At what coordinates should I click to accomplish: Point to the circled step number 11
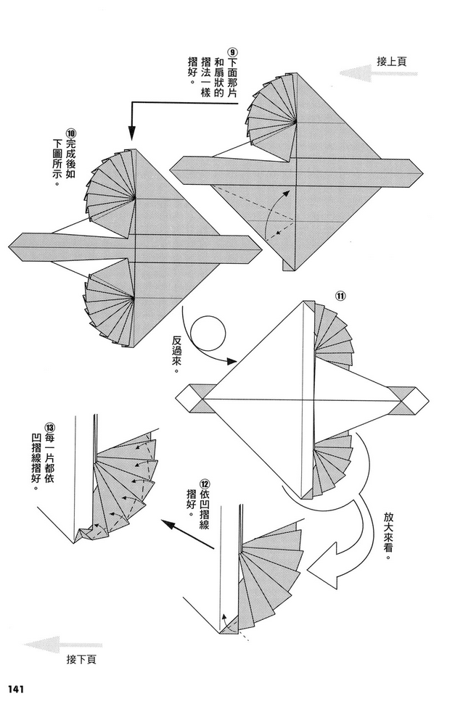coord(340,297)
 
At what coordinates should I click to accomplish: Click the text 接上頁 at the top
coord(392,62)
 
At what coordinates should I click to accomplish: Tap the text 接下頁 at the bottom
coord(81,659)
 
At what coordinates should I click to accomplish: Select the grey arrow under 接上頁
coord(378,73)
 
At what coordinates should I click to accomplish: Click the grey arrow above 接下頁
coord(63,644)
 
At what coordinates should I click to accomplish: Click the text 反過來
coord(176,355)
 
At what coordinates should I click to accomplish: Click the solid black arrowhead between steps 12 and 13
coord(168,524)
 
